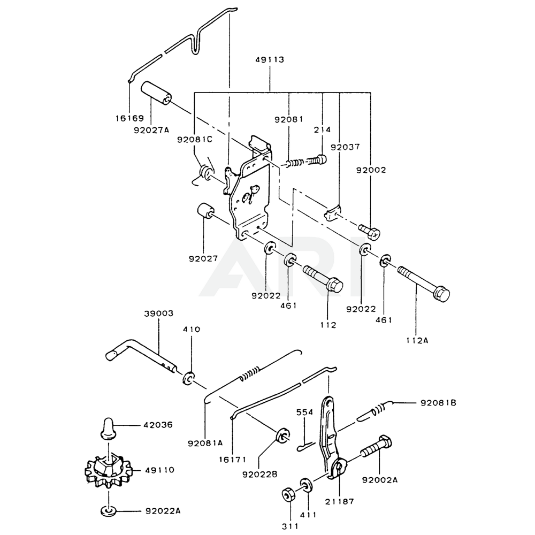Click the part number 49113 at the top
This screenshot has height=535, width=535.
pos(270,59)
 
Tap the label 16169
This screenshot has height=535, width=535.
pos(129,118)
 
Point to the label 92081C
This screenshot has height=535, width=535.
pos(195,140)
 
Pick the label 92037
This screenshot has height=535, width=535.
pos(345,147)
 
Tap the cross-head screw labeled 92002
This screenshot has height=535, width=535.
pos(369,232)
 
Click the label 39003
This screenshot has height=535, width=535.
pos(159,313)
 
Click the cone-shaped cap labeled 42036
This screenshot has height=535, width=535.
pos(108,426)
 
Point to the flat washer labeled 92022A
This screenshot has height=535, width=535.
pos(109,511)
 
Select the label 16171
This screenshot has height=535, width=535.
pos(232,460)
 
